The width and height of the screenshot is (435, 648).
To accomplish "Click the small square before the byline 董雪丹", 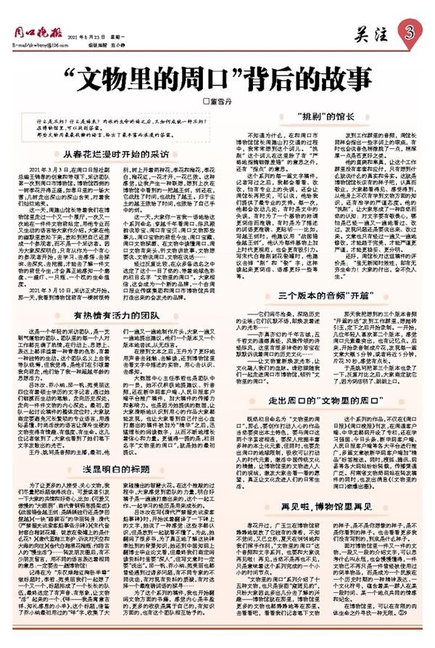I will tap(205, 102).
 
